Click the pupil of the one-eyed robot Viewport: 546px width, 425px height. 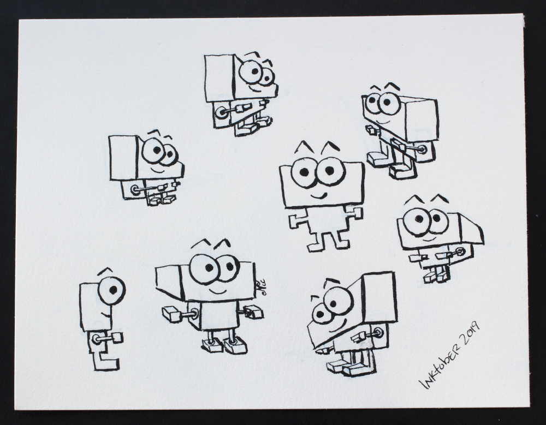114,289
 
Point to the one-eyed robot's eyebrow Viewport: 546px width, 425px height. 106,270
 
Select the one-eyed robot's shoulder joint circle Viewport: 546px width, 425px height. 96,337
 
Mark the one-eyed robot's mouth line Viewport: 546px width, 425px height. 106,315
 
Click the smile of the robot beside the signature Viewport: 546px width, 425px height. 218,290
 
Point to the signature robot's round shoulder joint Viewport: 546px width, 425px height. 194,313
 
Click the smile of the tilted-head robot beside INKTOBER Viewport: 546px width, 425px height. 336,328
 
